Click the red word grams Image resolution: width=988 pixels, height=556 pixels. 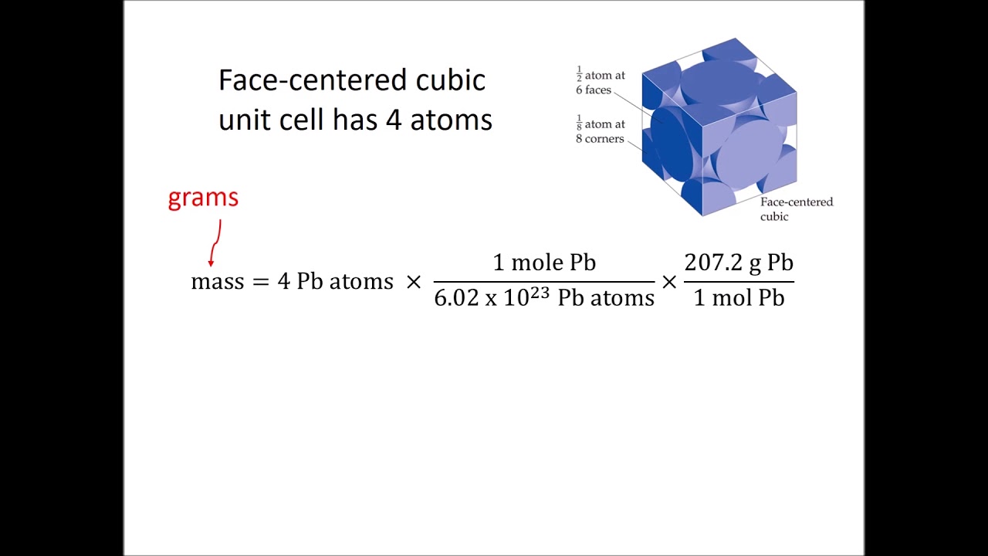click(203, 198)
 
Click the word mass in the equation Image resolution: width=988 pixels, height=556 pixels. click(217, 281)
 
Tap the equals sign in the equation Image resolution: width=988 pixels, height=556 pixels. click(260, 282)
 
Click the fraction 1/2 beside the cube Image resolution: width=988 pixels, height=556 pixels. click(578, 75)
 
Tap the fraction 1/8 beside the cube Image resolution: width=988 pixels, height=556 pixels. click(578, 124)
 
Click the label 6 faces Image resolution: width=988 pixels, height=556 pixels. click(593, 90)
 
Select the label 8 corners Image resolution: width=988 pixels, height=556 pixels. click(600, 139)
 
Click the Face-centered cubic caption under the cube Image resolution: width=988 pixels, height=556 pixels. click(796, 209)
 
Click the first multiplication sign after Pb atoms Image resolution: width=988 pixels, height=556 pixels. click(414, 282)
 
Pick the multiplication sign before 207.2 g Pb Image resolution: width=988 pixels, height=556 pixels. click(668, 282)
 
